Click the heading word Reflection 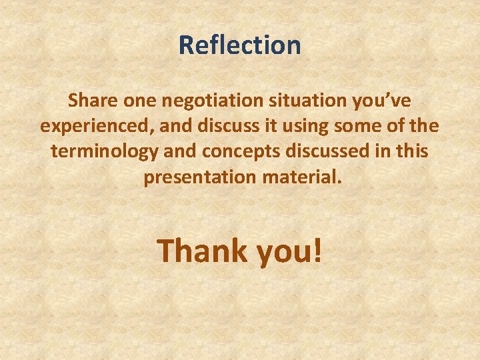click(240, 45)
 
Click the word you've click(387, 101)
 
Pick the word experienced click(96, 127)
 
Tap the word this click(411, 152)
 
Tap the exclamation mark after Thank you click(317, 251)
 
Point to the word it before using click(278, 127)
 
